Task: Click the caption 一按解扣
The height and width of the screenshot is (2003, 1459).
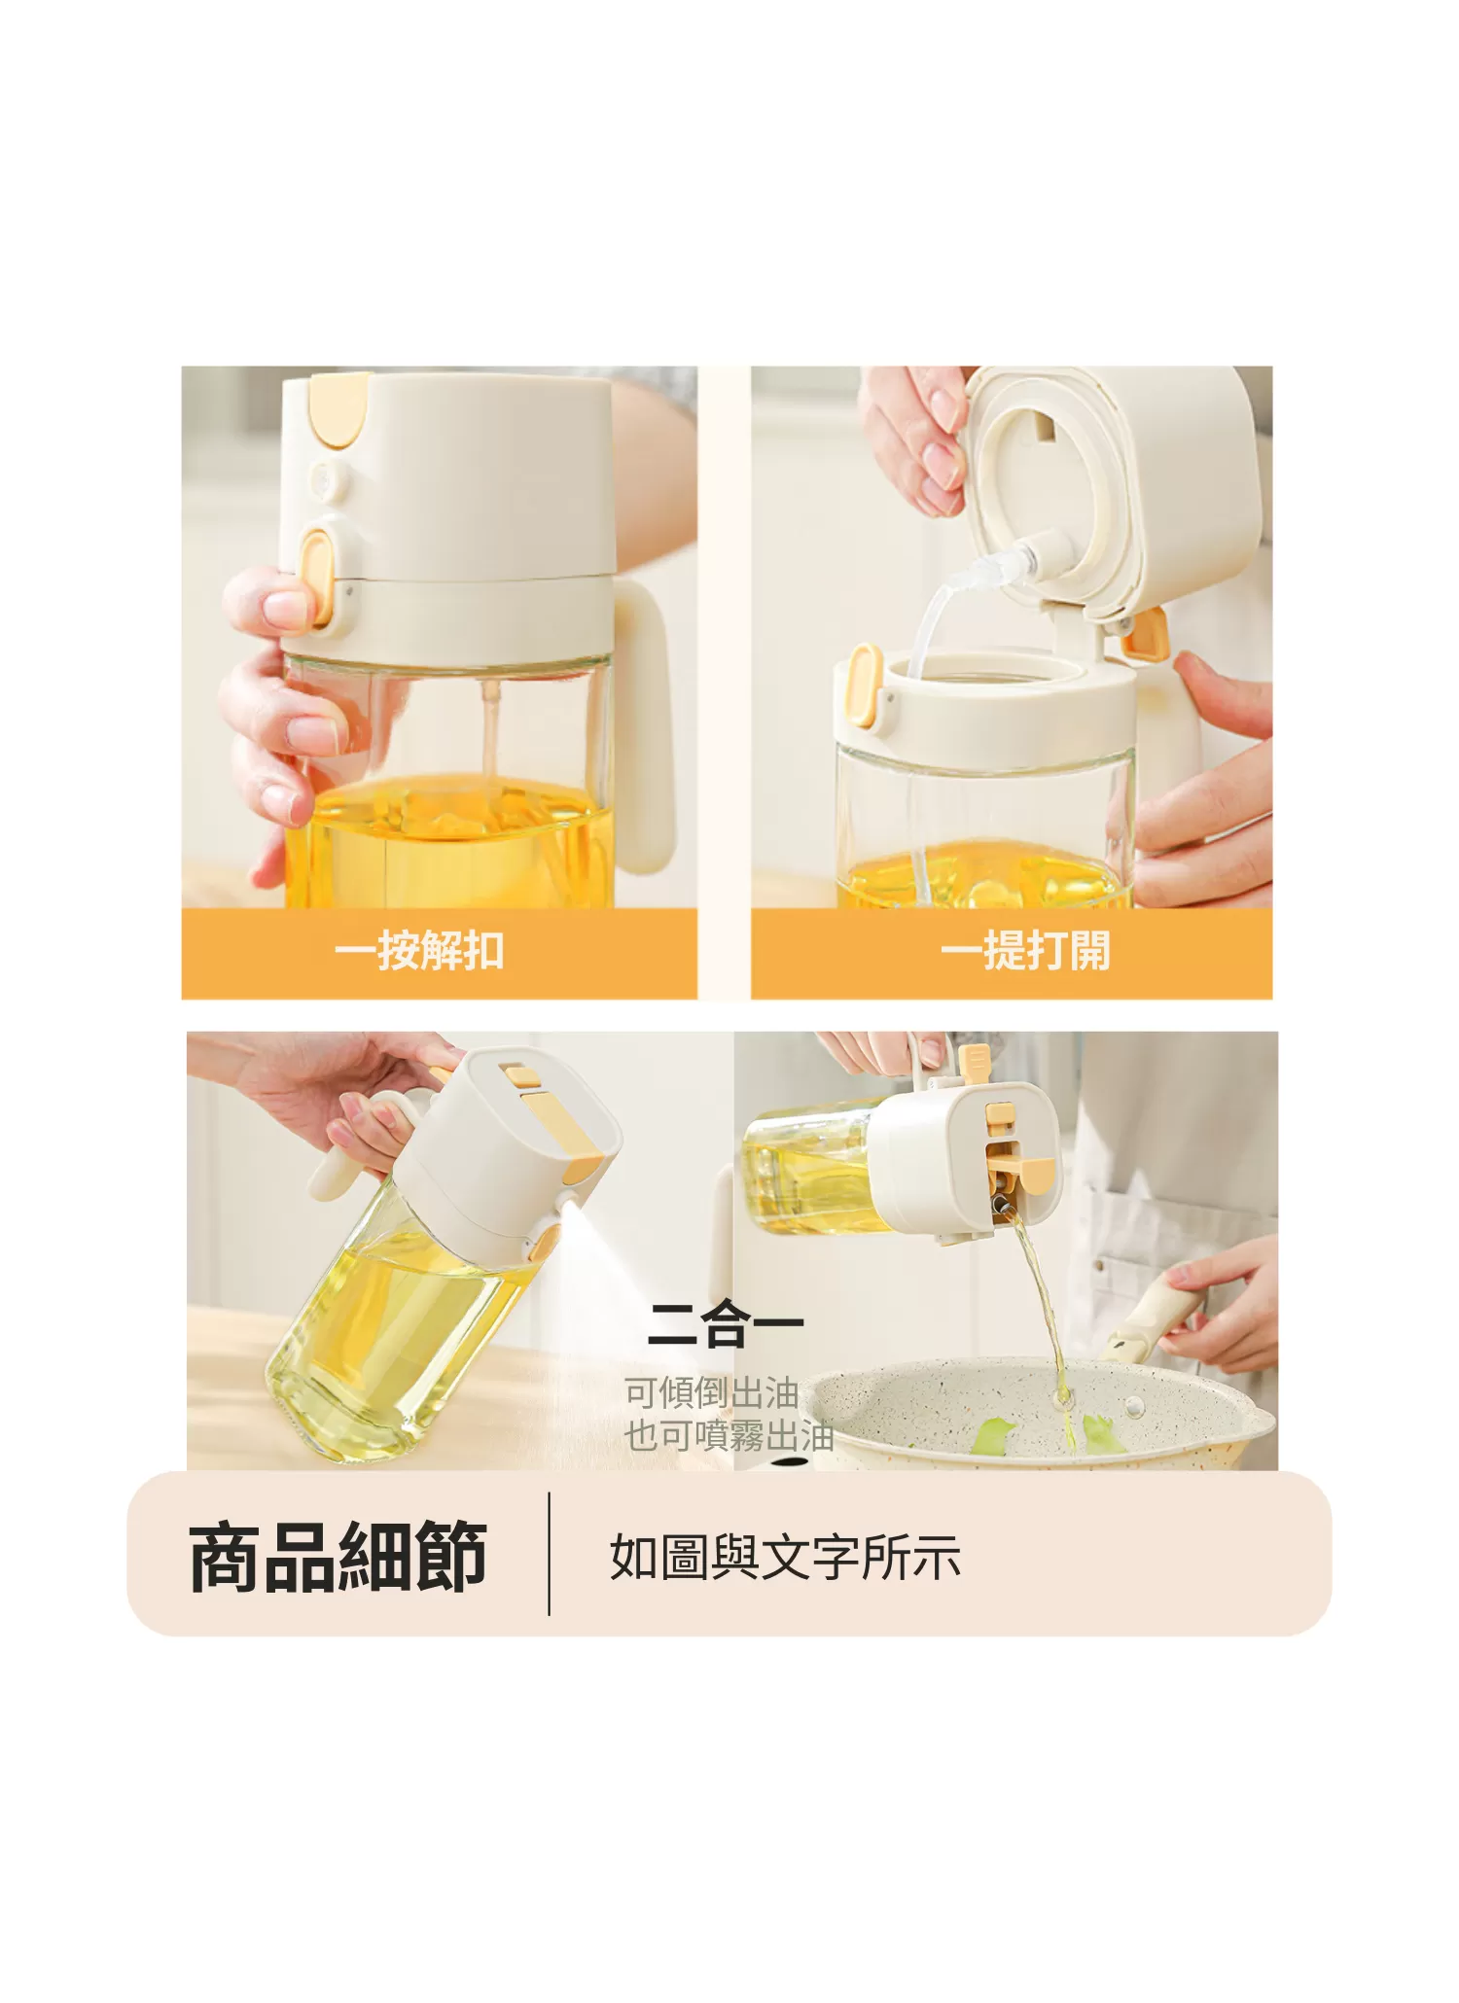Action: click(419, 950)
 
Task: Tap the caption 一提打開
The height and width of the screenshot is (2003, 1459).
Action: click(1025, 950)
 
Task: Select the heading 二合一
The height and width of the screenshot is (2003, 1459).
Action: click(725, 1325)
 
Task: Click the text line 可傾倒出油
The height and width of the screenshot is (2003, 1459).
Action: click(711, 1393)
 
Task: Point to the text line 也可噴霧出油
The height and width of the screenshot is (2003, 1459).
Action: click(729, 1435)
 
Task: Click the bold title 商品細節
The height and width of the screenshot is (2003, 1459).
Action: click(338, 1559)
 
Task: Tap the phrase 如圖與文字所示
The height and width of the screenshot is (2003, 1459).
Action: click(785, 1558)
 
